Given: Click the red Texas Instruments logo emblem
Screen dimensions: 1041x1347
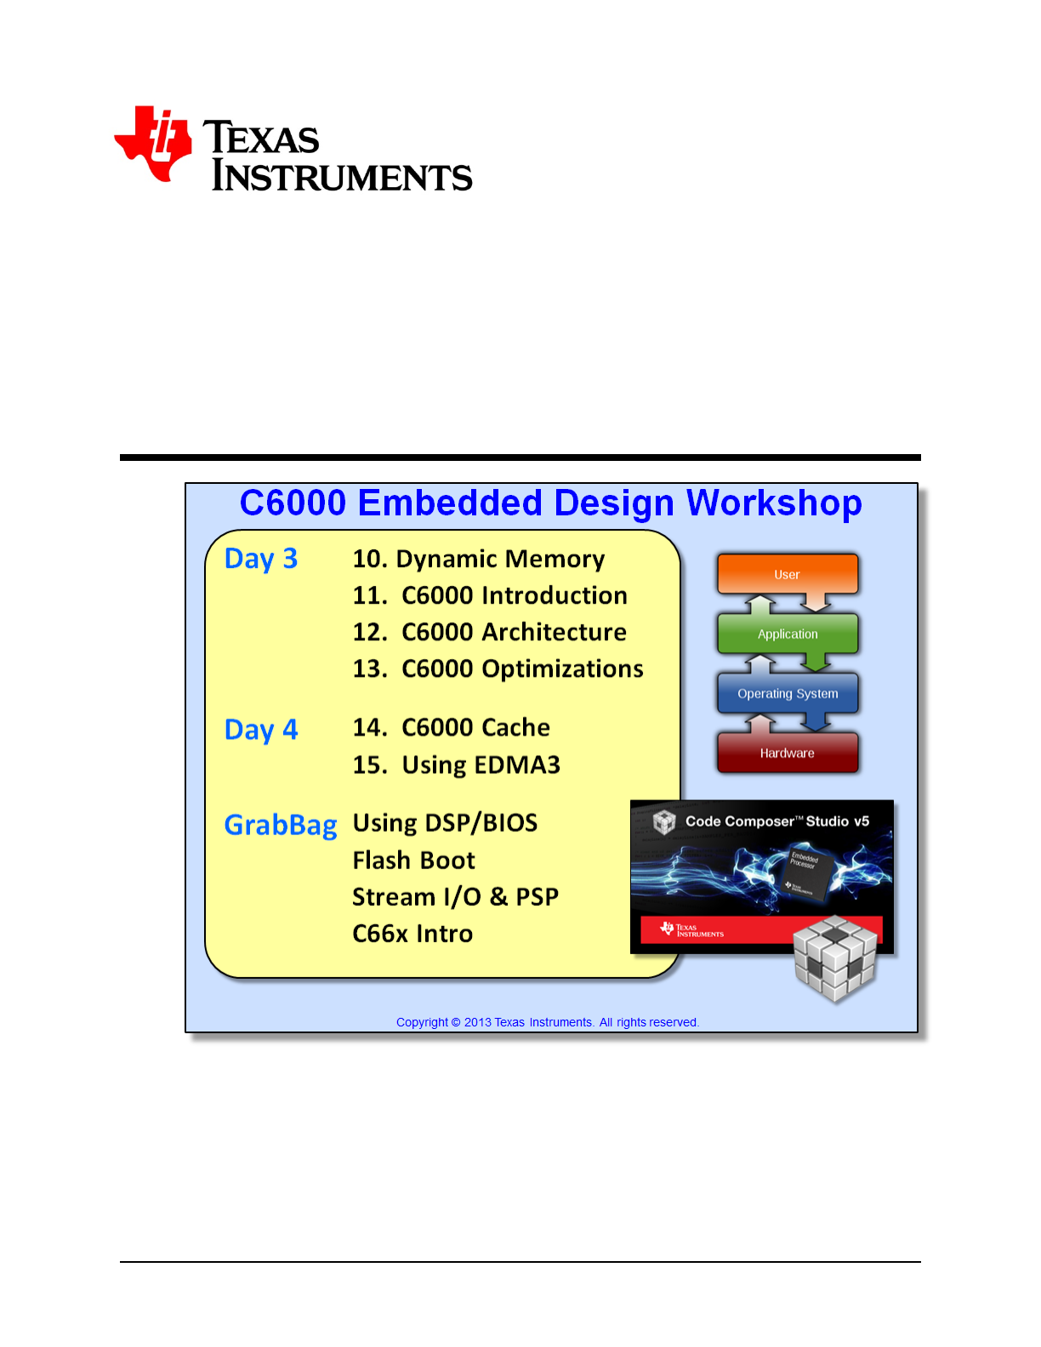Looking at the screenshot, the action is tap(152, 144).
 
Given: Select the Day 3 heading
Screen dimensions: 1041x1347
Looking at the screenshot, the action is tap(261, 560).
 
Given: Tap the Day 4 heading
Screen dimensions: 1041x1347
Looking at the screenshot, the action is tap(261, 730).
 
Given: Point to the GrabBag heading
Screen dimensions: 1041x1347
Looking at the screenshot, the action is tap(281, 826).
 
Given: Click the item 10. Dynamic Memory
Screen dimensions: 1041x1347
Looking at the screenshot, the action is tap(479, 560).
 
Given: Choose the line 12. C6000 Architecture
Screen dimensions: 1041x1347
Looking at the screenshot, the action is tap(490, 633).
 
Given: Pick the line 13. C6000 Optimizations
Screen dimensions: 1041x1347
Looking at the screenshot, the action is tap(498, 669).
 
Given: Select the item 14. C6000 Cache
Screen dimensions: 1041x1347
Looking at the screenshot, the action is tap(452, 728).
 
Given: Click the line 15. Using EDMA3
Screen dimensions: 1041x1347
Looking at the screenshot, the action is tap(457, 765).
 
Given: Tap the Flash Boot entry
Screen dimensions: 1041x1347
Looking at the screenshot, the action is tap(413, 861).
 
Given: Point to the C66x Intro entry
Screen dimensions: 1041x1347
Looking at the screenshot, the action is tap(412, 934).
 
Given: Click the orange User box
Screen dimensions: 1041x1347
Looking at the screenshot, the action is tap(788, 574).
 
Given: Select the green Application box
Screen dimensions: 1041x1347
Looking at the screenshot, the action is tap(788, 634).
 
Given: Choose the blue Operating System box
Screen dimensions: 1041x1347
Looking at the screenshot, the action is tap(788, 693).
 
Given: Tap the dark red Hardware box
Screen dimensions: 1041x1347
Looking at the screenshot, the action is tap(788, 753).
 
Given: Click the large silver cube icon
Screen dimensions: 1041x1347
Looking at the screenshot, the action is tap(835, 958).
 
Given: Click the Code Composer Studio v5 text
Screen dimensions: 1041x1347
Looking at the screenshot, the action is tap(776, 821).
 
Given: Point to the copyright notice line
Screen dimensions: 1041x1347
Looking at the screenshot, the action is tap(548, 1022).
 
